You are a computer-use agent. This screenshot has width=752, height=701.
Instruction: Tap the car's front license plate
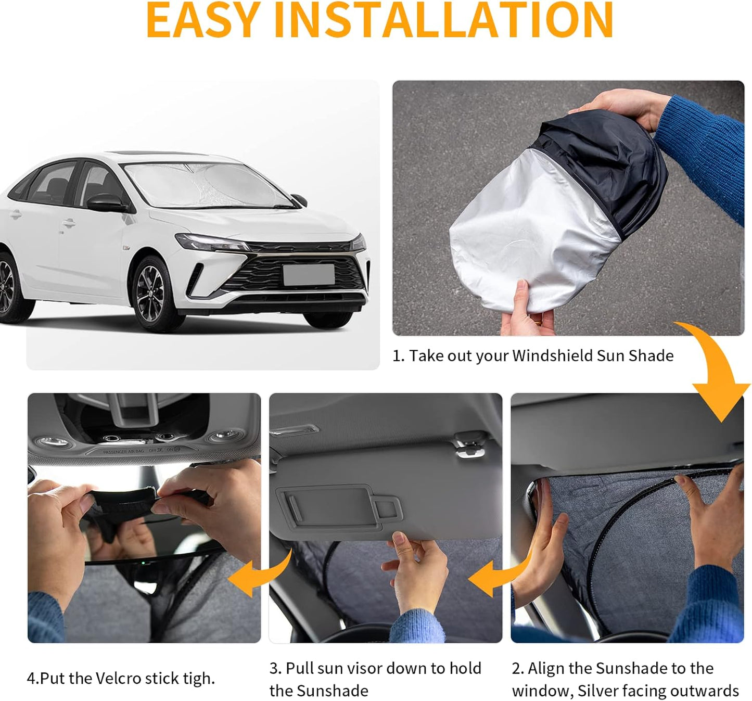point(309,274)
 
